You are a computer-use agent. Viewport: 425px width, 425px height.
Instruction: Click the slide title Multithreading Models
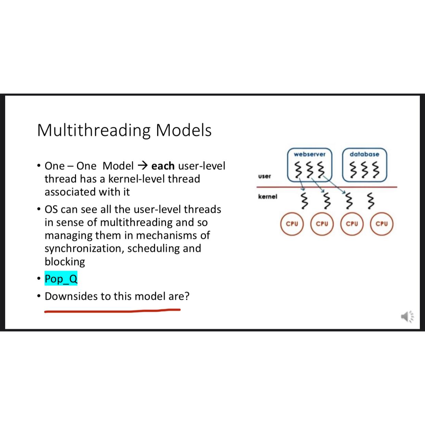pos(124,130)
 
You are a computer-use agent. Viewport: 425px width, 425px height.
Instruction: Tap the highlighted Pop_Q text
pos(61,279)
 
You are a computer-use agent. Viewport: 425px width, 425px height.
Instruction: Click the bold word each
pos(163,166)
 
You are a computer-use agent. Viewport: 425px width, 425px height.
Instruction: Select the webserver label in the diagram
pos(309,154)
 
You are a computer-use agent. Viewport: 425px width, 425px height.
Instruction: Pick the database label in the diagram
pos(364,154)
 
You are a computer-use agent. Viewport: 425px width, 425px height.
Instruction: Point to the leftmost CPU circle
pos(292,224)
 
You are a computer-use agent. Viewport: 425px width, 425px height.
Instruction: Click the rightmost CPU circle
pos(382,224)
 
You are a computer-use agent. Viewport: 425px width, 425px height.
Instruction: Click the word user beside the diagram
pos(265,176)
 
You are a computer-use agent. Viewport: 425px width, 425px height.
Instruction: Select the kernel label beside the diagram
pos(268,197)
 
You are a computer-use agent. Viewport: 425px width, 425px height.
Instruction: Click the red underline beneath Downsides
pos(112,311)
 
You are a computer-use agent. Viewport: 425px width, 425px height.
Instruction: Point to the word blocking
pos(65,262)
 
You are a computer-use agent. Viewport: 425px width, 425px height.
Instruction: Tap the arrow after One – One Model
pos(142,166)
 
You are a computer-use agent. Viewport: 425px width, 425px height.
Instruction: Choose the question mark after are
pos(187,296)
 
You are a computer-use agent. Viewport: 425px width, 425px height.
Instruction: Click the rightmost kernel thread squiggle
pos(371,201)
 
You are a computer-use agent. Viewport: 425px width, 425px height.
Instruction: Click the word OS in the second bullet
pos(51,209)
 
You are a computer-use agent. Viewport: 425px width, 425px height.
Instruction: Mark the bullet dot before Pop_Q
pos(39,279)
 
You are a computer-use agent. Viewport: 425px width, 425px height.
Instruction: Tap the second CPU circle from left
pos(322,224)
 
